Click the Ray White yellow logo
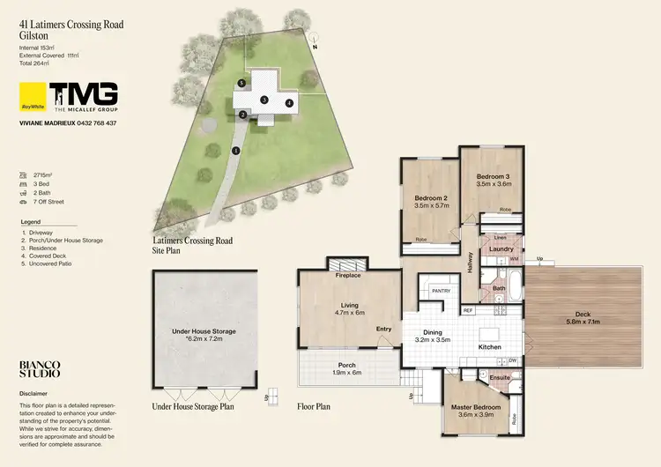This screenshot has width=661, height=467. tap(32, 95)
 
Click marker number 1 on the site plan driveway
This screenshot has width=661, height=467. tap(235, 151)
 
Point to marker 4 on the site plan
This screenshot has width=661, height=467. tap(288, 103)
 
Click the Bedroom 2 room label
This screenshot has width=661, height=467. tap(432, 197)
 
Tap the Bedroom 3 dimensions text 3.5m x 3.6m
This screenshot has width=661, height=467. tap(493, 184)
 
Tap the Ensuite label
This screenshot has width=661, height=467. tap(500, 378)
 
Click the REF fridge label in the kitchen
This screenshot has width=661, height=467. tap(467, 310)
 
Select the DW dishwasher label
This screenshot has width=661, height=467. tap(511, 360)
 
